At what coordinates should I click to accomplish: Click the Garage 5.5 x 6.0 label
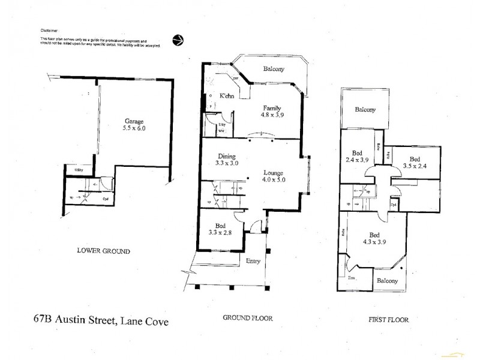134,124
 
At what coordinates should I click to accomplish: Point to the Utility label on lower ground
78,170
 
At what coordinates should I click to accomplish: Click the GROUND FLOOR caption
248,318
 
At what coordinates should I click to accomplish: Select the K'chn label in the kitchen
226,96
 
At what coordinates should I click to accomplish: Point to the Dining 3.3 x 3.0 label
227,158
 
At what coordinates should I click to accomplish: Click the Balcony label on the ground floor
274,69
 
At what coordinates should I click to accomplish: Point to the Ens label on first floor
350,279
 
